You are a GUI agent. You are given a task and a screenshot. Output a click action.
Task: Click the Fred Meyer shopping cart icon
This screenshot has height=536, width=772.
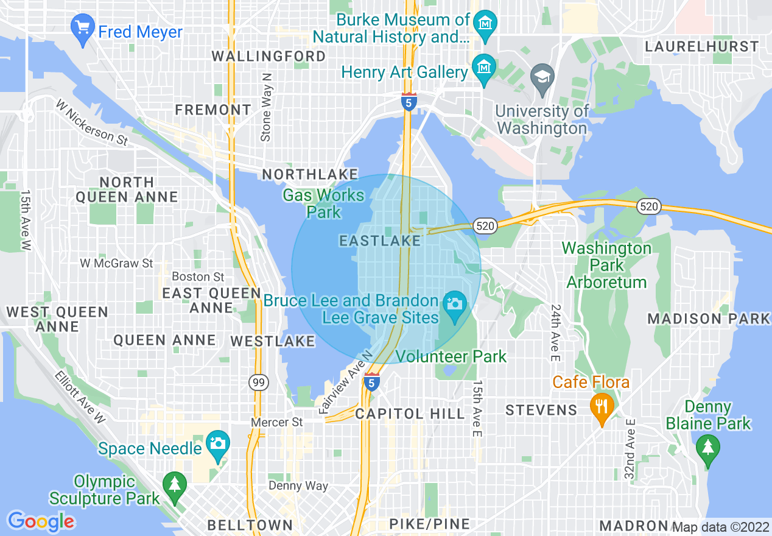82,29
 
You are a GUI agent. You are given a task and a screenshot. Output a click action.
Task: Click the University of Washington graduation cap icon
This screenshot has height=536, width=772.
541,79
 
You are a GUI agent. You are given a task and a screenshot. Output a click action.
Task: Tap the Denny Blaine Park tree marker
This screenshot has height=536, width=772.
707,450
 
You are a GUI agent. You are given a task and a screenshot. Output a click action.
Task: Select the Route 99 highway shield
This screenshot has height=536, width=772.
258,383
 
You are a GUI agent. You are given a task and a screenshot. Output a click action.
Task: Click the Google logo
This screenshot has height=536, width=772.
41,521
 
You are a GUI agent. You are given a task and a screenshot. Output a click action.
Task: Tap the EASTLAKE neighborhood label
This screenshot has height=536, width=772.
380,241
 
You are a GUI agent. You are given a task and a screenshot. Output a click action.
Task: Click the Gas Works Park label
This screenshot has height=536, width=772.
323,203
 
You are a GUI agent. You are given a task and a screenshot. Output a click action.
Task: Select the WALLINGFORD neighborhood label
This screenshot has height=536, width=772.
268,56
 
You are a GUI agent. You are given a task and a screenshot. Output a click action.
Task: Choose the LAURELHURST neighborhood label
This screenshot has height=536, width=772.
702,47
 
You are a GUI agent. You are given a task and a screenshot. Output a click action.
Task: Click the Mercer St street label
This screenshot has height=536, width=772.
278,422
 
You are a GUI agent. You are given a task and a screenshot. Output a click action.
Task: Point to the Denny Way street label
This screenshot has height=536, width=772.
298,486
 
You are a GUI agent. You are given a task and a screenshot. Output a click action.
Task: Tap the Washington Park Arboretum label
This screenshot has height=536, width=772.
606,265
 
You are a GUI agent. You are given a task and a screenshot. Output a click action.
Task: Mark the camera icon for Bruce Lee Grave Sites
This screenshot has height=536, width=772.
454,303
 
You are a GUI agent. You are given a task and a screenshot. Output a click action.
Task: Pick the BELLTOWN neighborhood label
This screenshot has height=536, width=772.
250,524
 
